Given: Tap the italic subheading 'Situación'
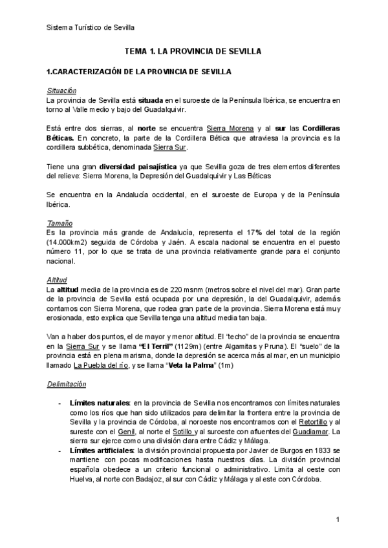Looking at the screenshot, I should click(61, 90).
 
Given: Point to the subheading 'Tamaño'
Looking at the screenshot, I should click(59, 223).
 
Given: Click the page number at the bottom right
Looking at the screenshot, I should click(338, 520).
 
